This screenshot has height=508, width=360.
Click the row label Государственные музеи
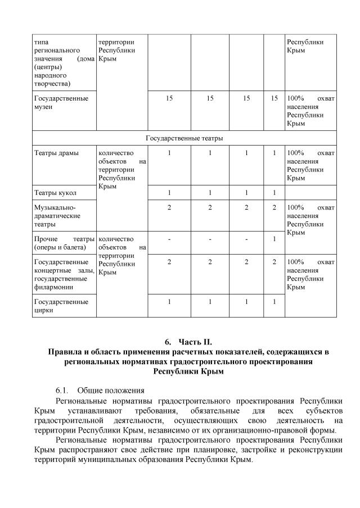pos(61,102)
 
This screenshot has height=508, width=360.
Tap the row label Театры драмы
pos(56,153)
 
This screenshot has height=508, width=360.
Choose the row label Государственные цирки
pos(61,306)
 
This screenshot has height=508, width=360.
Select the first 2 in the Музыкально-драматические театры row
pos(169,207)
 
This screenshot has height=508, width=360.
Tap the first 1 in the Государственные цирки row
pos(169,302)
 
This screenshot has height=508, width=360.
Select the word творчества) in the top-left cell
pos(52,83)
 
